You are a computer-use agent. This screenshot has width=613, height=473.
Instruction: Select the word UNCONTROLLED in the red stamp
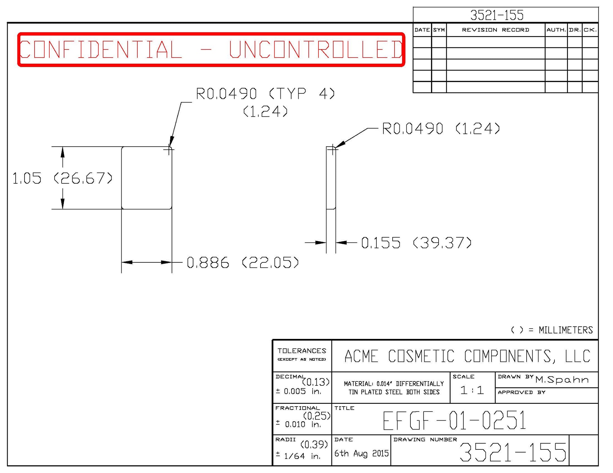[316, 49]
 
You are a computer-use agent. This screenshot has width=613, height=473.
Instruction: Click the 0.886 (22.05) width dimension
[242, 263]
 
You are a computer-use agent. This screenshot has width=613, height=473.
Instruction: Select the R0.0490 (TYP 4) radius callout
[265, 94]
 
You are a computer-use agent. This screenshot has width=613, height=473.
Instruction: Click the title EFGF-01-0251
[455, 421]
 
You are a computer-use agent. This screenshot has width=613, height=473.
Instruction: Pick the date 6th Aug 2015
[361, 453]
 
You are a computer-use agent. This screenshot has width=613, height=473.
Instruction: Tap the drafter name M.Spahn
[562, 380]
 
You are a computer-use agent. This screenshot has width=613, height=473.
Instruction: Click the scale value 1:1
[472, 390]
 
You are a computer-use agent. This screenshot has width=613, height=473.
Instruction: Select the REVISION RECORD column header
[495, 30]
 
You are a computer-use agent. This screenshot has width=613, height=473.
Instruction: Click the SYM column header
[439, 30]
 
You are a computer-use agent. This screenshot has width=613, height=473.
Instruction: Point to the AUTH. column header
[556, 30]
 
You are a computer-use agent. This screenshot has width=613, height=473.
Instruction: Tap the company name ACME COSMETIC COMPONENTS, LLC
[467, 356]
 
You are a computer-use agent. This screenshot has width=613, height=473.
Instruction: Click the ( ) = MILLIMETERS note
[552, 330]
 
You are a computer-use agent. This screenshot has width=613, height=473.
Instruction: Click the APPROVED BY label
[521, 392]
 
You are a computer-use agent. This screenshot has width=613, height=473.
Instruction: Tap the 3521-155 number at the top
[497, 15]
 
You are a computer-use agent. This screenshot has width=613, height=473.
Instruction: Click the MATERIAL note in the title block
[394, 388]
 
